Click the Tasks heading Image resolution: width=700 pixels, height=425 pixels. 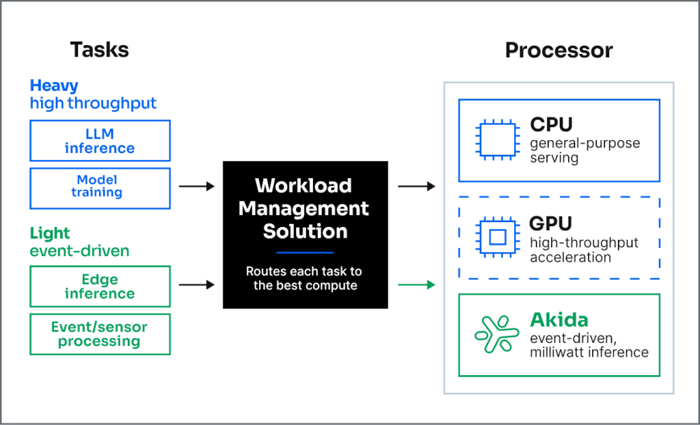point(99,50)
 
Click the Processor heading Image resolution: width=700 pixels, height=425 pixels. point(558,50)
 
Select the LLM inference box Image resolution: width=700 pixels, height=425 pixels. point(100,141)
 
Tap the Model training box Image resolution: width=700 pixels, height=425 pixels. point(100,189)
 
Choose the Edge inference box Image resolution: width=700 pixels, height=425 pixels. point(100,286)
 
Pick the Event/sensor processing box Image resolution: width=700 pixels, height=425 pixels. point(100,334)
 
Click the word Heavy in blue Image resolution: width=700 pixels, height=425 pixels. point(54,85)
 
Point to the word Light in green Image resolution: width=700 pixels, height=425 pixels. point(49,233)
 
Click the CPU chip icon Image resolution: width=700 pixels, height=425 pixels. point(498,140)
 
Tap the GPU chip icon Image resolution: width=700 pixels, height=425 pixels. point(498,237)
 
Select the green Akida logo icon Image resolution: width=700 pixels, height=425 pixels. point(497,334)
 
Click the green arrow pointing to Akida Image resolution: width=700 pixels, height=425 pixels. point(416,285)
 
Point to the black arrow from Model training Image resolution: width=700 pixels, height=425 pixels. point(197,186)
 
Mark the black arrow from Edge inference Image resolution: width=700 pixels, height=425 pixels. point(197,285)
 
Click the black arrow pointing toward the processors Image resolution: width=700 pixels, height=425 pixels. point(416,186)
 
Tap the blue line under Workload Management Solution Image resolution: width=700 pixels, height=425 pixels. point(305,253)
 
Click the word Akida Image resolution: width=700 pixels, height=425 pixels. point(559,320)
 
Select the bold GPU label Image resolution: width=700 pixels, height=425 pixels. point(550,223)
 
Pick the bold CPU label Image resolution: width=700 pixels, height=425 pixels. point(552,124)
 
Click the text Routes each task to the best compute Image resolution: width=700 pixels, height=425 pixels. point(304,279)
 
